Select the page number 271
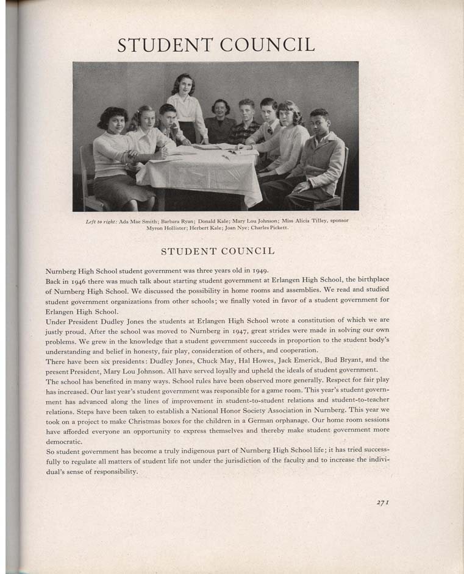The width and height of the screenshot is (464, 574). [383, 502]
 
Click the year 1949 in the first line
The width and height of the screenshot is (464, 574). [259, 270]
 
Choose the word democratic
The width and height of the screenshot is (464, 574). [64, 441]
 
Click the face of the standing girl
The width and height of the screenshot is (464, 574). [182, 85]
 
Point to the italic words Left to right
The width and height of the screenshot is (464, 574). [102, 221]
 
